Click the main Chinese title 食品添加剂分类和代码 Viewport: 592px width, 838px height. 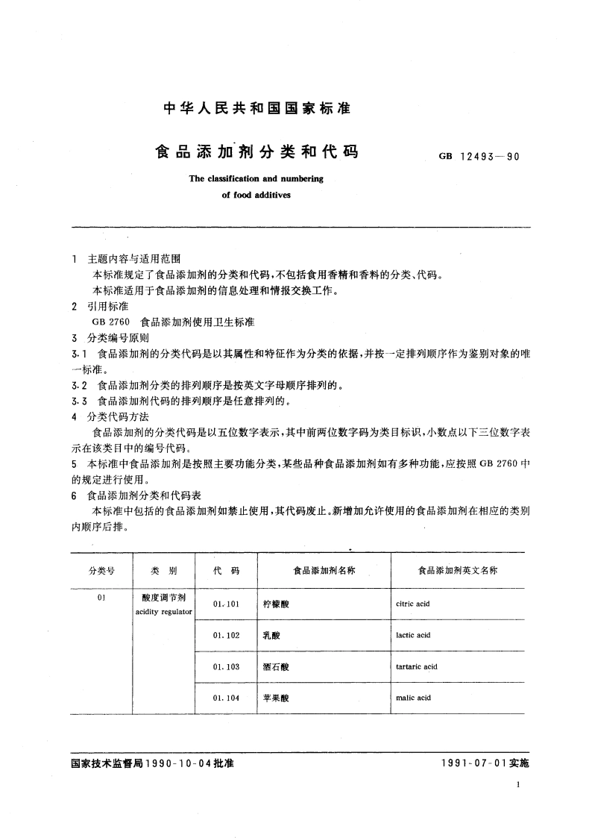[256, 152]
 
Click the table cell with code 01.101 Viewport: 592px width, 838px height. [226, 604]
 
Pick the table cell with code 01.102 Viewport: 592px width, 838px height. [226, 635]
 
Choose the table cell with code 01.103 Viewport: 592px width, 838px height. [226, 666]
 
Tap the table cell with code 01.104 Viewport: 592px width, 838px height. [226, 698]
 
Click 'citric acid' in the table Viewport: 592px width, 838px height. [414, 604]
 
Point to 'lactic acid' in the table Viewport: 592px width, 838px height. [414, 635]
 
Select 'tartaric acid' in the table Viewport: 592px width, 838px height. [417, 666]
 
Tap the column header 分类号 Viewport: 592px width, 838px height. [101, 570]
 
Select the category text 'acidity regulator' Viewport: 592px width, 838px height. [164, 611]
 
